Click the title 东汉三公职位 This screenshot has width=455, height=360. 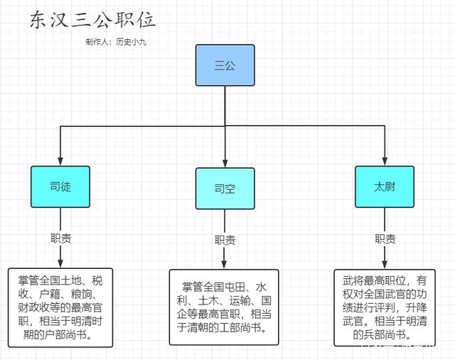[x=92, y=20]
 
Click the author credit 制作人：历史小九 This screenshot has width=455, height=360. [x=116, y=41]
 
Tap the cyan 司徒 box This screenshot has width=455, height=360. [x=60, y=186]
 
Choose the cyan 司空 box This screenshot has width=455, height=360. [x=225, y=189]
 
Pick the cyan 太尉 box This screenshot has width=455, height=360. [x=385, y=186]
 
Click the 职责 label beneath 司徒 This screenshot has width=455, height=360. [x=60, y=238]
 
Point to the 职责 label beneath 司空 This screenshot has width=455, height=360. [x=225, y=240]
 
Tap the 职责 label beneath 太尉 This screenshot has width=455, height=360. [x=385, y=238]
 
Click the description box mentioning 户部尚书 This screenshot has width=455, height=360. [x=60, y=307]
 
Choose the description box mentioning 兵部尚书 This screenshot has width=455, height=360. [x=385, y=307]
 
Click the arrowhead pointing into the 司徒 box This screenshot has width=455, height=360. [x=60, y=162]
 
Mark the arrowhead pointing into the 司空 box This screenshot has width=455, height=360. [x=225, y=164]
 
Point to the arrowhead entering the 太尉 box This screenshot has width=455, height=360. [x=385, y=162]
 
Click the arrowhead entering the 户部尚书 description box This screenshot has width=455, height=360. [x=60, y=264]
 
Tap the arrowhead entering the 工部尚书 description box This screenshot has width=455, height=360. [x=225, y=265]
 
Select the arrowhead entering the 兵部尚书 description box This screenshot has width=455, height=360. [x=385, y=264]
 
